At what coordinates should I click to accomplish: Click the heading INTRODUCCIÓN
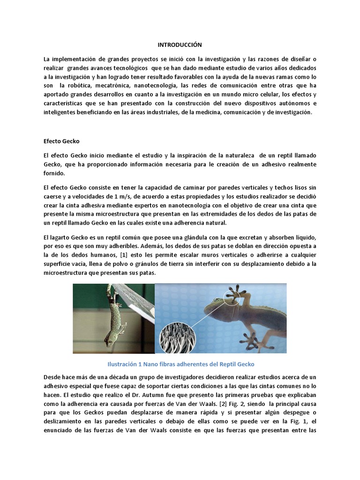pos(180,45)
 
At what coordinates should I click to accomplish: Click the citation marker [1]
pos(114,255)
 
